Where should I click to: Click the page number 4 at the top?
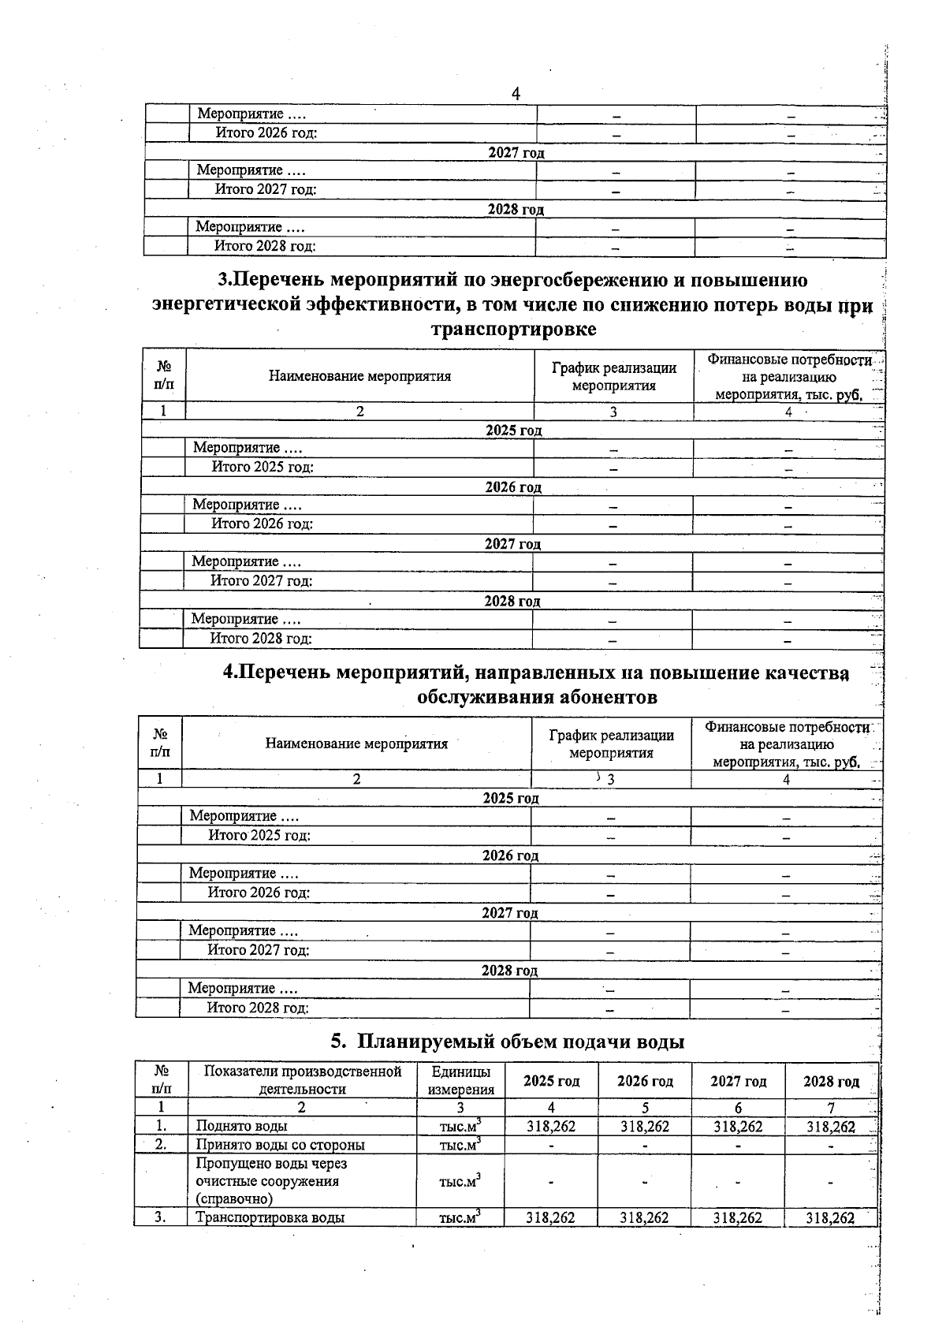(516, 94)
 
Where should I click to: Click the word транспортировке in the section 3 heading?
(513, 330)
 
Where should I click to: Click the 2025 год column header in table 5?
(551, 1081)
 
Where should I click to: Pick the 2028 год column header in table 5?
(831, 1081)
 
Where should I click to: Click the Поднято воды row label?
(242, 1126)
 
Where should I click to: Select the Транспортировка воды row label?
(270, 1217)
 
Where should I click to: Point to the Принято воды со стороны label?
(280, 1145)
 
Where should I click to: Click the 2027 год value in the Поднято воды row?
(738, 1127)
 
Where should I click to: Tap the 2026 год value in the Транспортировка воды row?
(644, 1218)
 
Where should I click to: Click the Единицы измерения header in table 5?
(461, 1081)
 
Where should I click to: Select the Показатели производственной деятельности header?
(303, 1080)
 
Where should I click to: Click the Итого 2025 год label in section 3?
(263, 468)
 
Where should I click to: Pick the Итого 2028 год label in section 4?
(258, 1008)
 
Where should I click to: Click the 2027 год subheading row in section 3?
(512, 544)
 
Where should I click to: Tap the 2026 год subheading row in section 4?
(510, 855)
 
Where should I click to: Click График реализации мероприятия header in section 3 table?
(613, 377)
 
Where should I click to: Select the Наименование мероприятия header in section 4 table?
(356, 744)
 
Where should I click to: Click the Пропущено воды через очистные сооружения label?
(271, 1181)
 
